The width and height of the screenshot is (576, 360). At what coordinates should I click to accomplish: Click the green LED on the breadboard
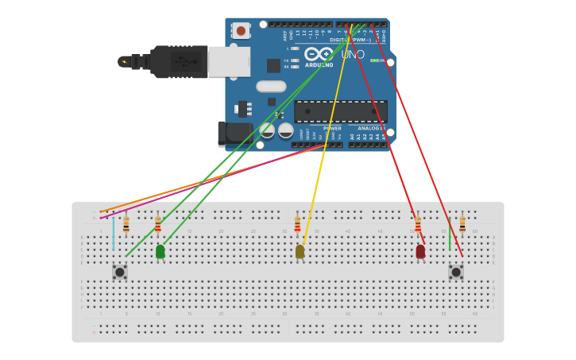tap(160, 251)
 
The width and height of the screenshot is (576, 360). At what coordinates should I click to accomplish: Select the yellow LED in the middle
tap(300, 251)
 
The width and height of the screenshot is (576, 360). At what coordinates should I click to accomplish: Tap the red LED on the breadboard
tap(420, 251)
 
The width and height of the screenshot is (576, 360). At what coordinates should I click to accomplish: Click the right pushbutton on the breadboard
tap(456, 272)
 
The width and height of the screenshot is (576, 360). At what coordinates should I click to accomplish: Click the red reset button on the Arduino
tap(241, 31)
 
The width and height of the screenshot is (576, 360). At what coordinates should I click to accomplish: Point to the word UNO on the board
tap(353, 55)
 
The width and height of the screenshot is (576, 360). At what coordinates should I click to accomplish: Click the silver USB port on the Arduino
tap(229, 61)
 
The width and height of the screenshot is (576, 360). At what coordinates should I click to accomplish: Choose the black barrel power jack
tap(234, 133)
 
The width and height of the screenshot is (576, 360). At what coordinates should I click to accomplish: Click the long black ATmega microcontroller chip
tap(341, 111)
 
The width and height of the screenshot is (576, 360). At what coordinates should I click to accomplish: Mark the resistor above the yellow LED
tap(297, 224)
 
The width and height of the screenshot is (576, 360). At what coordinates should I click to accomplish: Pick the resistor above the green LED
tap(157, 224)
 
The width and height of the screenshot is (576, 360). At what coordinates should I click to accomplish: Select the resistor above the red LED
tap(418, 224)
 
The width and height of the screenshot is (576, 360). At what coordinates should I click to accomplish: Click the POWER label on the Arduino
tap(332, 128)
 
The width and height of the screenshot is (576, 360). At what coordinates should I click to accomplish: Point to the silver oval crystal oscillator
tap(271, 86)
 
